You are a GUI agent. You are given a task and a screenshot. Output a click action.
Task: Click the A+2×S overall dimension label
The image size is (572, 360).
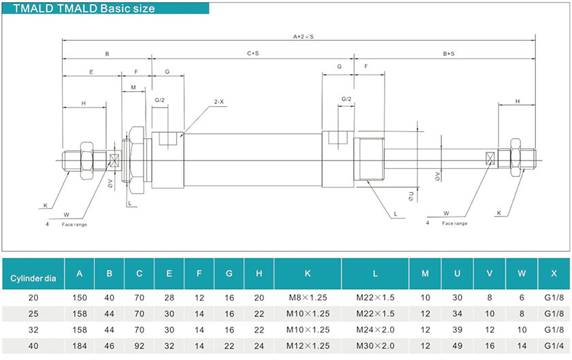303,36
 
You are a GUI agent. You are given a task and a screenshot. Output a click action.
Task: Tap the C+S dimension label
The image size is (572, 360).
252,53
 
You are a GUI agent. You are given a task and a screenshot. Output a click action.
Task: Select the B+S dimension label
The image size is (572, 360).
449,53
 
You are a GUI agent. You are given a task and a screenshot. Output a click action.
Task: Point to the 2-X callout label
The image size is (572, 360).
219,101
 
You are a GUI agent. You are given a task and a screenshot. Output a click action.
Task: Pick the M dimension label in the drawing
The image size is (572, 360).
133,87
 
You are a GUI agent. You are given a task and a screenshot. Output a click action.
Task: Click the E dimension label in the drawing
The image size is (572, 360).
91,71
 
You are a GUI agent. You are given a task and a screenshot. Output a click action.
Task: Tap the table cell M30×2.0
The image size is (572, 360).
375,346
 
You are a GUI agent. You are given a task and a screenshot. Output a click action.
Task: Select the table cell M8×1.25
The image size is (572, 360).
307,297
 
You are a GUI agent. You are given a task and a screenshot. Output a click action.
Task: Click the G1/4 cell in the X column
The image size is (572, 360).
554,346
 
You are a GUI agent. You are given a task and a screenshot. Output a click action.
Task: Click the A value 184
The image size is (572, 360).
80,346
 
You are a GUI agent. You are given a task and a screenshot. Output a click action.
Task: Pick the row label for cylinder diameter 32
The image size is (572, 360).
33,329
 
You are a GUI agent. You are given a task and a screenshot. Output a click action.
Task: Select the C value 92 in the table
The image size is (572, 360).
139,346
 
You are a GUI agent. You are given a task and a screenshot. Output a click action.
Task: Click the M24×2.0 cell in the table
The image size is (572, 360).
375,329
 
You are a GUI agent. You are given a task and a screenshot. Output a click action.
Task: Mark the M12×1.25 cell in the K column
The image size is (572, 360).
307,346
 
